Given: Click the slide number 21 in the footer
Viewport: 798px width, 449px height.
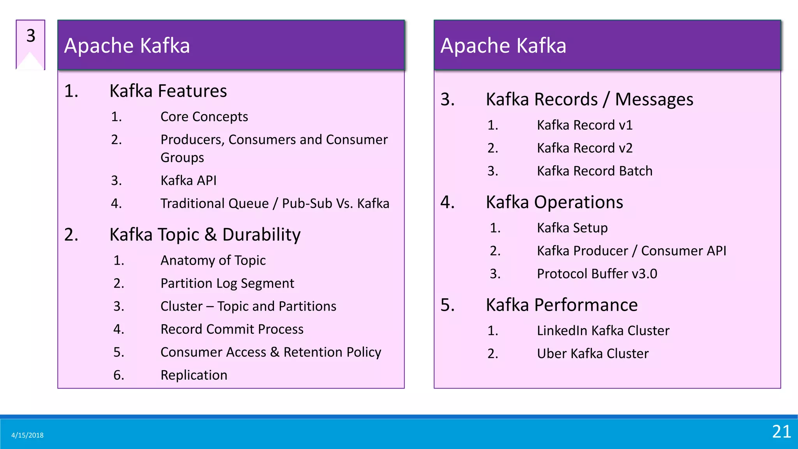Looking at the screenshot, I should pos(781,432).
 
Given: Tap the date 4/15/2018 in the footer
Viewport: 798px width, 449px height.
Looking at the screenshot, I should pos(27,435).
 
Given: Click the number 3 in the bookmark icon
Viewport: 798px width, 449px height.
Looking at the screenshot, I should pos(31,36).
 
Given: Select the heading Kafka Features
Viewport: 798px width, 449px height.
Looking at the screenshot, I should pos(168,91).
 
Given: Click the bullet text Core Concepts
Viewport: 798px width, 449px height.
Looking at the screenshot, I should pos(204,117).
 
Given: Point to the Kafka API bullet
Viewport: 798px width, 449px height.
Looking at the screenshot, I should pos(188,180).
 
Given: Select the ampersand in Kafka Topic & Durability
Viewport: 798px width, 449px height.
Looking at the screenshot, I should pos(210,235).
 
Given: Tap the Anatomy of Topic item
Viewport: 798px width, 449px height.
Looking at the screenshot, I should pos(213,260).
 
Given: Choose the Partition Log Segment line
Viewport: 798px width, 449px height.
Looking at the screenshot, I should pos(227,283).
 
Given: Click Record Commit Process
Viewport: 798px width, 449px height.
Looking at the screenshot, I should pos(232,329).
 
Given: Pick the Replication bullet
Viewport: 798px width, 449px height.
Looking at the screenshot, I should pos(194,375).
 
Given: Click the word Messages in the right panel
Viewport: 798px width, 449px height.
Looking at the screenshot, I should pos(654,99).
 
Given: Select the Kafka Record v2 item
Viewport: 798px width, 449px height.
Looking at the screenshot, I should pos(584,148).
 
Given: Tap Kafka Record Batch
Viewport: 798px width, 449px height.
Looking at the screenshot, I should pos(594,171).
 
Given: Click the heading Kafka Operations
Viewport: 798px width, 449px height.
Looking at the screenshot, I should pos(554,202).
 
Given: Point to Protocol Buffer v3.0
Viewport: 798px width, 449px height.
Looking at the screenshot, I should pos(597,274).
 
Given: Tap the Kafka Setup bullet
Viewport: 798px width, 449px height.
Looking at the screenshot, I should pos(572,228).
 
